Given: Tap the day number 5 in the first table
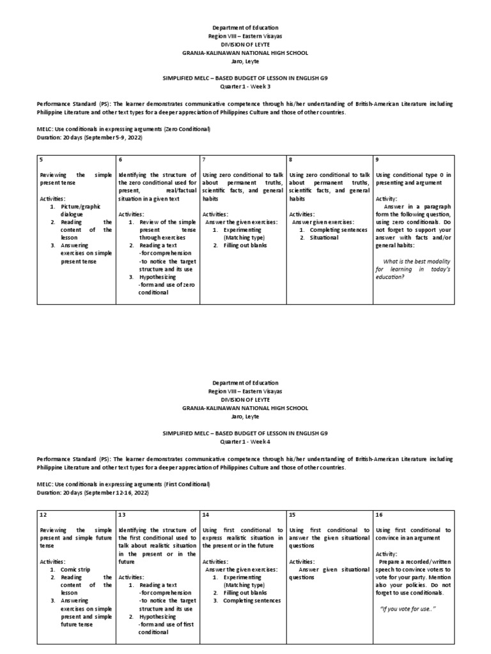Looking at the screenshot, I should pyautogui.click(x=42, y=160).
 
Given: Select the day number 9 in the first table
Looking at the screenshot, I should pyautogui.click(x=378, y=160).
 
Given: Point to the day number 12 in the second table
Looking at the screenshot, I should pyautogui.click(x=43, y=515).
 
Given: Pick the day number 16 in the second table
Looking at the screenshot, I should pyautogui.click(x=380, y=515).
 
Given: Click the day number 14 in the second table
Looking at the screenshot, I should pyautogui.click(x=205, y=515).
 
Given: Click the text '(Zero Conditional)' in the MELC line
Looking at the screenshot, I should pyautogui.click(x=186, y=130).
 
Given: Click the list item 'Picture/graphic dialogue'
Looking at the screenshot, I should pyautogui.click(x=81, y=211).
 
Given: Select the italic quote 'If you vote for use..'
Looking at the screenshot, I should pyautogui.click(x=407, y=608).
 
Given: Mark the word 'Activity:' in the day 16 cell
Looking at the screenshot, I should pyautogui.click(x=387, y=554).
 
